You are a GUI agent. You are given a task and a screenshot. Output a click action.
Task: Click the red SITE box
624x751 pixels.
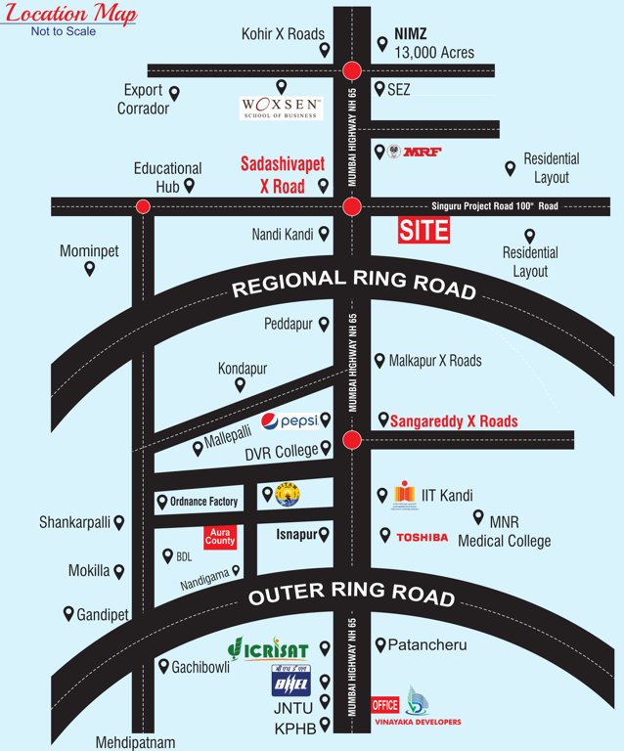(423, 231)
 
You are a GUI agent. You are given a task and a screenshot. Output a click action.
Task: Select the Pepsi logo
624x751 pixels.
(290, 420)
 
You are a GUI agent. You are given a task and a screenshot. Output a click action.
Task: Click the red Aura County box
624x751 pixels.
(220, 536)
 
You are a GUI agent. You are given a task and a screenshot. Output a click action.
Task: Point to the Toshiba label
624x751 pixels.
(422, 537)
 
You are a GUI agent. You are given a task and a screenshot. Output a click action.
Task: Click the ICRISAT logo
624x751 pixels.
(267, 649)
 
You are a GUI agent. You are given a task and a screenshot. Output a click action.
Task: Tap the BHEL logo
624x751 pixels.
(290, 679)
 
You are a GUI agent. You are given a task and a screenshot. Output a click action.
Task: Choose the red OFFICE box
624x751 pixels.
(385, 704)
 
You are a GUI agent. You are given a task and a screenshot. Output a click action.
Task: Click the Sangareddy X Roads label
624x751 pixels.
(454, 421)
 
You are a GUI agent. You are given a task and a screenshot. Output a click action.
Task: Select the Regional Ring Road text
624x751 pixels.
(353, 284)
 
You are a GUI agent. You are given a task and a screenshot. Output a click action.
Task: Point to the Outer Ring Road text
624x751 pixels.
(352, 596)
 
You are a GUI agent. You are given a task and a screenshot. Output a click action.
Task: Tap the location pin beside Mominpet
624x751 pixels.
(89, 269)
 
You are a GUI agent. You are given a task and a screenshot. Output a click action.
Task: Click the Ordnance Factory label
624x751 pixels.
(203, 502)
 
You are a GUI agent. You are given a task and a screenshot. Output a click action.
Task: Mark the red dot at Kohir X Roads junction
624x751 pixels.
(352, 70)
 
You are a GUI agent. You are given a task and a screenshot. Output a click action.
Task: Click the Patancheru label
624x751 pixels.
(427, 645)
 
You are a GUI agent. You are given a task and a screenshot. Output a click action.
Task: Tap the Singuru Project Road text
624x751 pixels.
(495, 206)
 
